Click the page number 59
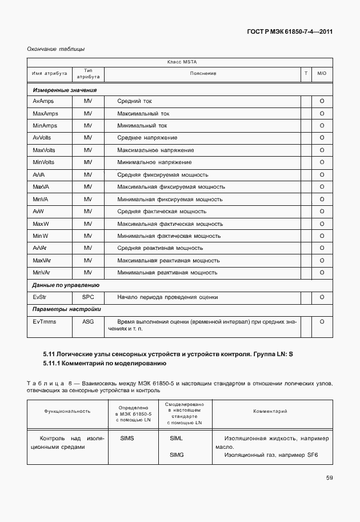(x=329, y=478)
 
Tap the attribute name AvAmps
(x=43, y=101)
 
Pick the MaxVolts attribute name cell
(x=45, y=150)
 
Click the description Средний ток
(x=134, y=101)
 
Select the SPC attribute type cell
(x=87, y=297)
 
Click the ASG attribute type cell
(x=87, y=322)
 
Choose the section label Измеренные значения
(x=65, y=90)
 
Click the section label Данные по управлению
(x=66, y=285)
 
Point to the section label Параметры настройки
(x=65, y=309)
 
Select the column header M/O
(x=322, y=73)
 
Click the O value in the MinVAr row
(x=322, y=273)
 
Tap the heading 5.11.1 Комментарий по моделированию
(x=105, y=363)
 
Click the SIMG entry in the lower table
(x=176, y=455)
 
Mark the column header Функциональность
(x=67, y=412)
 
